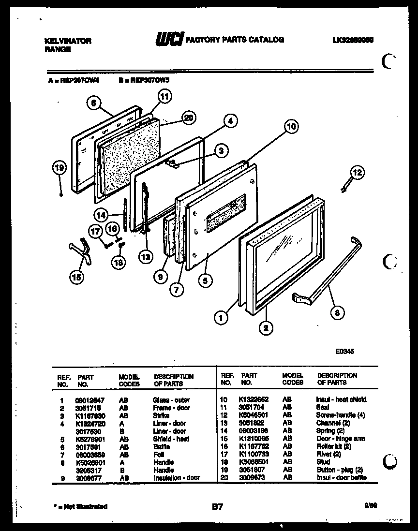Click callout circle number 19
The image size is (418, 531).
tap(59, 168)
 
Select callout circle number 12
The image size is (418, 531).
tap(357, 172)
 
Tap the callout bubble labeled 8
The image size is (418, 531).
tap(337, 313)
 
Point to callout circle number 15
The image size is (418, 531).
tap(76, 277)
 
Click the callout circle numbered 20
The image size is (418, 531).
tap(189, 117)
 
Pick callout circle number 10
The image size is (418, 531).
tap(290, 128)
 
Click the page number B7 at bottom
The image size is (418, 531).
tap(217, 507)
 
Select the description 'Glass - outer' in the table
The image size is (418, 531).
tap(171, 400)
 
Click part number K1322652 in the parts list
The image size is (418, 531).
tap(253, 399)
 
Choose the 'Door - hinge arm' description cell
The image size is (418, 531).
tap(340, 439)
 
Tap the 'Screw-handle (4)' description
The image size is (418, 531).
tap(339, 415)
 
